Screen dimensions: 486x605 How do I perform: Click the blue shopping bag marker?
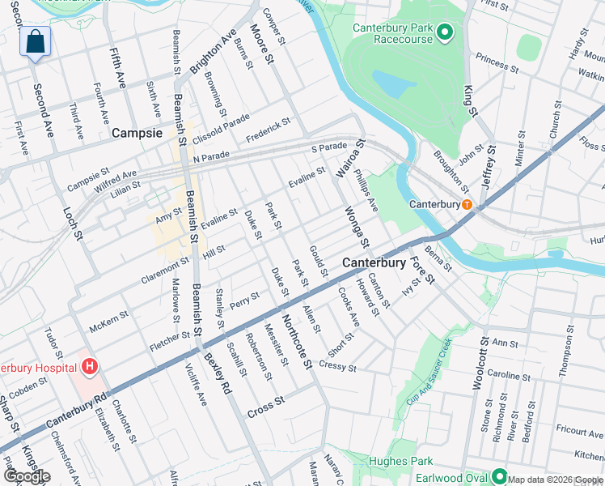(x=35, y=42)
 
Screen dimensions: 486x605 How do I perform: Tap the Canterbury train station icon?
(x=467, y=204)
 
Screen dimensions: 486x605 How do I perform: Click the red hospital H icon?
(x=90, y=367)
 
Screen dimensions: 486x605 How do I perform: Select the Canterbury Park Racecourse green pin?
(x=443, y=32)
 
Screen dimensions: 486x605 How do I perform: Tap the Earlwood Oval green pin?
(x=498, y=477)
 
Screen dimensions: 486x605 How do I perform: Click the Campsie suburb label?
(x=137, y=132)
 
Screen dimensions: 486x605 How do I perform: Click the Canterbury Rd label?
(x=78, y=411)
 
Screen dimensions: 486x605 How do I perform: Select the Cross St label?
(x=267, y=401)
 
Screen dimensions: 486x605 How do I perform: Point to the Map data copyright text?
(x=555, y=480)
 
